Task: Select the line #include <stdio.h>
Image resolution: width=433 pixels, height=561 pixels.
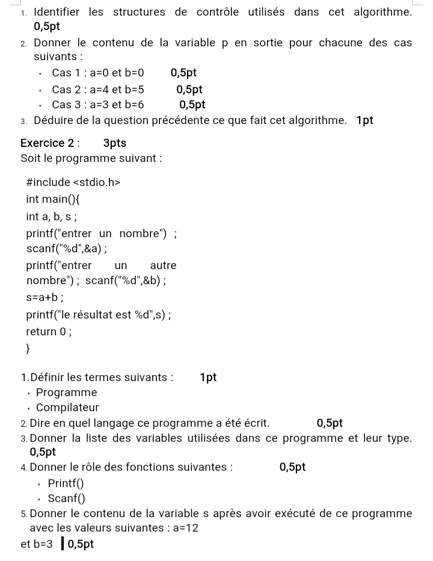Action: (73, 182)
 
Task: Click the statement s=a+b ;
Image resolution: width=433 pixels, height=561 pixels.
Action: (45, 297)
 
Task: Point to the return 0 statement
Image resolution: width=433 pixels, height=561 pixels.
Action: (49, 332)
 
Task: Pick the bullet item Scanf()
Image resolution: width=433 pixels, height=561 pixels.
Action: (66, 498)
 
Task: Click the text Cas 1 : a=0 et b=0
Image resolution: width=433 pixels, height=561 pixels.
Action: (98, 73)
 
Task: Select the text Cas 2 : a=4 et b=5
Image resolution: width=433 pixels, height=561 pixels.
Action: (98, 90)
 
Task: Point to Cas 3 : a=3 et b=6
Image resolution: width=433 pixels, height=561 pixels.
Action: (98, 105)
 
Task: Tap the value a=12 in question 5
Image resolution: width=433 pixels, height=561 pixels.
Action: (185, 528)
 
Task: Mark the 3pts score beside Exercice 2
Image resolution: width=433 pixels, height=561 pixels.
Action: (115, 143)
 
